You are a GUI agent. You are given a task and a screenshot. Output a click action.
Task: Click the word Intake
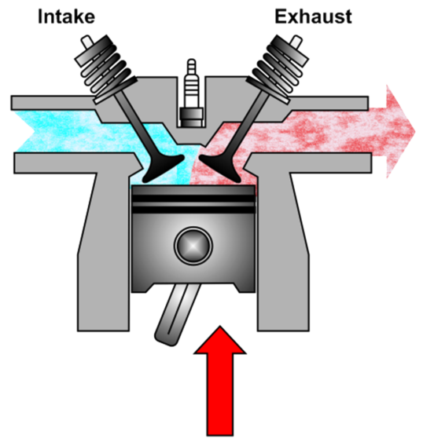click(66, 16)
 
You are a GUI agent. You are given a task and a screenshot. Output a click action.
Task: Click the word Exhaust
click(313, 16)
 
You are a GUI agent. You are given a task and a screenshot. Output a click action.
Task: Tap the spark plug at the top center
click(192, 93)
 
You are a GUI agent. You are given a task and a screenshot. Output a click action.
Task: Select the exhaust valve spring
click(278, 69)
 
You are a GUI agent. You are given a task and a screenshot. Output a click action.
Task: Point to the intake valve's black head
click(164, 168)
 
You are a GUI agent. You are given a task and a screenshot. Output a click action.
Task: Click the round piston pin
click(193, 246)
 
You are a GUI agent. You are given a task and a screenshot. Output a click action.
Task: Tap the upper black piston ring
click(193, 199)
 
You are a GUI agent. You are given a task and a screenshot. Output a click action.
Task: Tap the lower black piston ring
click(193, 210)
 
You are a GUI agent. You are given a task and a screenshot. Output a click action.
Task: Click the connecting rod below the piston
click(178, 315)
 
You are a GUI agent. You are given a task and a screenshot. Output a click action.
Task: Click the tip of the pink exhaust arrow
click(415, 131)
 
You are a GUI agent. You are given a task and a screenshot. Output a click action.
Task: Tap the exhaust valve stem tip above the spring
click(296, 42)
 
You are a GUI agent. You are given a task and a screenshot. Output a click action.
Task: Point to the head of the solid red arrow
click(220, 340)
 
